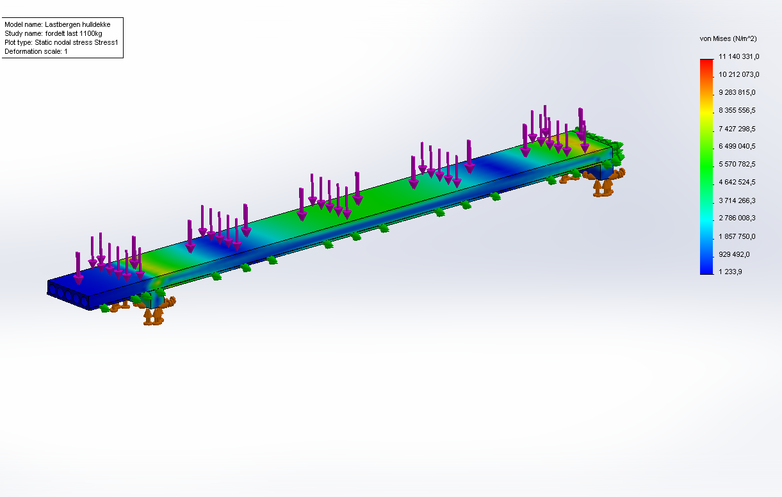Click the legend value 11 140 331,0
click(738, 56)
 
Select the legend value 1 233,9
click(730, 272)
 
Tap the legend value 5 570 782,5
click(737, 164)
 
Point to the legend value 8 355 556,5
click(737, 110)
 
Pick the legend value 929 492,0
click(734, 254)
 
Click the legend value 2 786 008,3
click(737, 218)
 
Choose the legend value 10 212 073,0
click(738, 74)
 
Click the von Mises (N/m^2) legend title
click(728, 38)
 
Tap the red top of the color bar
click(706, 62)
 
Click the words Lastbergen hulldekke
click(77, 24)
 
